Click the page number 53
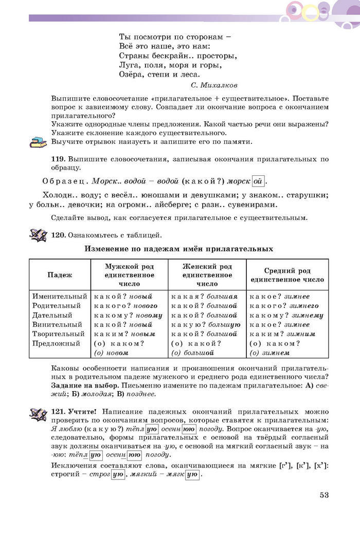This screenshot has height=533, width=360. point(323,495)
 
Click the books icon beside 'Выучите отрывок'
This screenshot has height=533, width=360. point(38,142)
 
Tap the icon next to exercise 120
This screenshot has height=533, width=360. point(39,235)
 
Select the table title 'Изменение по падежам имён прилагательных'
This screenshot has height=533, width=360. point(178,249)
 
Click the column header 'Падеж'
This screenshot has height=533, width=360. point(60,275)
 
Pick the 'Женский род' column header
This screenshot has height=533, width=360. point(207,275)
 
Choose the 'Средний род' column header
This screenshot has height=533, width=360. point(287,275)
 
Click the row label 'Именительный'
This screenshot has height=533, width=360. point(60,297)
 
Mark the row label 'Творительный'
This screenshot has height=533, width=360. point(57,334)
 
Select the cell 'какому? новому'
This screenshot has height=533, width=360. point(129,315)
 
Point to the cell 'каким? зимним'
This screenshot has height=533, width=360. point(282,334)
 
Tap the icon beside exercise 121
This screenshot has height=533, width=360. point(39,414)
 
